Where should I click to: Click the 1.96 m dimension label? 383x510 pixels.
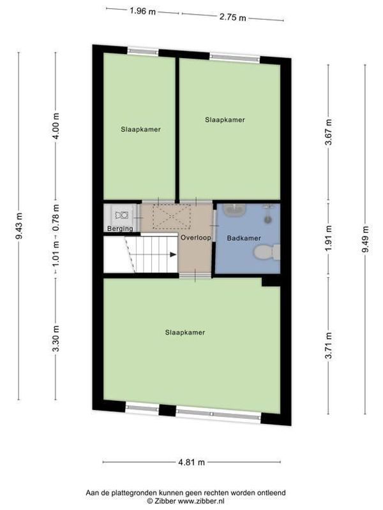pyautogui.click(x=142, y=11)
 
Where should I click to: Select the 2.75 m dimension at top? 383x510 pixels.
pyautogui.click(x=232, y=17)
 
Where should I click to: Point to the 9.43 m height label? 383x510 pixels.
pyautogui.click(x=20, y=226)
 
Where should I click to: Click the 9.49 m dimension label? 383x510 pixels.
pyautogui.click(x=365, y=239)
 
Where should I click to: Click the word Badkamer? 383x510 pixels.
pyautogui.click(x=244, y=238)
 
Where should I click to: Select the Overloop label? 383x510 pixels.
pyautogui.click(x=195, y=237)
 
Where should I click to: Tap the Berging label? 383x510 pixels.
pyautogui.click(x=120, y=228)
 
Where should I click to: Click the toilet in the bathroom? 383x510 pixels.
pyautogui.click(x=266, y=253)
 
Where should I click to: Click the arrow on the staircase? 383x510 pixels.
pyautogui.click(x=172, y=254)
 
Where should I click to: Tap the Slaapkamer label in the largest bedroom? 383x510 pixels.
pyautogui.click(x=184, y=332)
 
